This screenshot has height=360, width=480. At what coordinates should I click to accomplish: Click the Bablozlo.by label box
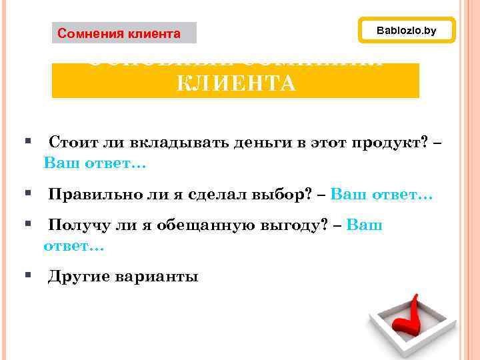407,31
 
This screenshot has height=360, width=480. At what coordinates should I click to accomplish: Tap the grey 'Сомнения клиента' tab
124,33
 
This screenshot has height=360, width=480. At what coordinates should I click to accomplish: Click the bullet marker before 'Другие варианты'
28,275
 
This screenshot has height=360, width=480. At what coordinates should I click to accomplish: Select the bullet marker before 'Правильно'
28,193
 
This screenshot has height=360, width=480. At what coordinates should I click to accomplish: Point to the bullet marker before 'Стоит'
28,141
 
